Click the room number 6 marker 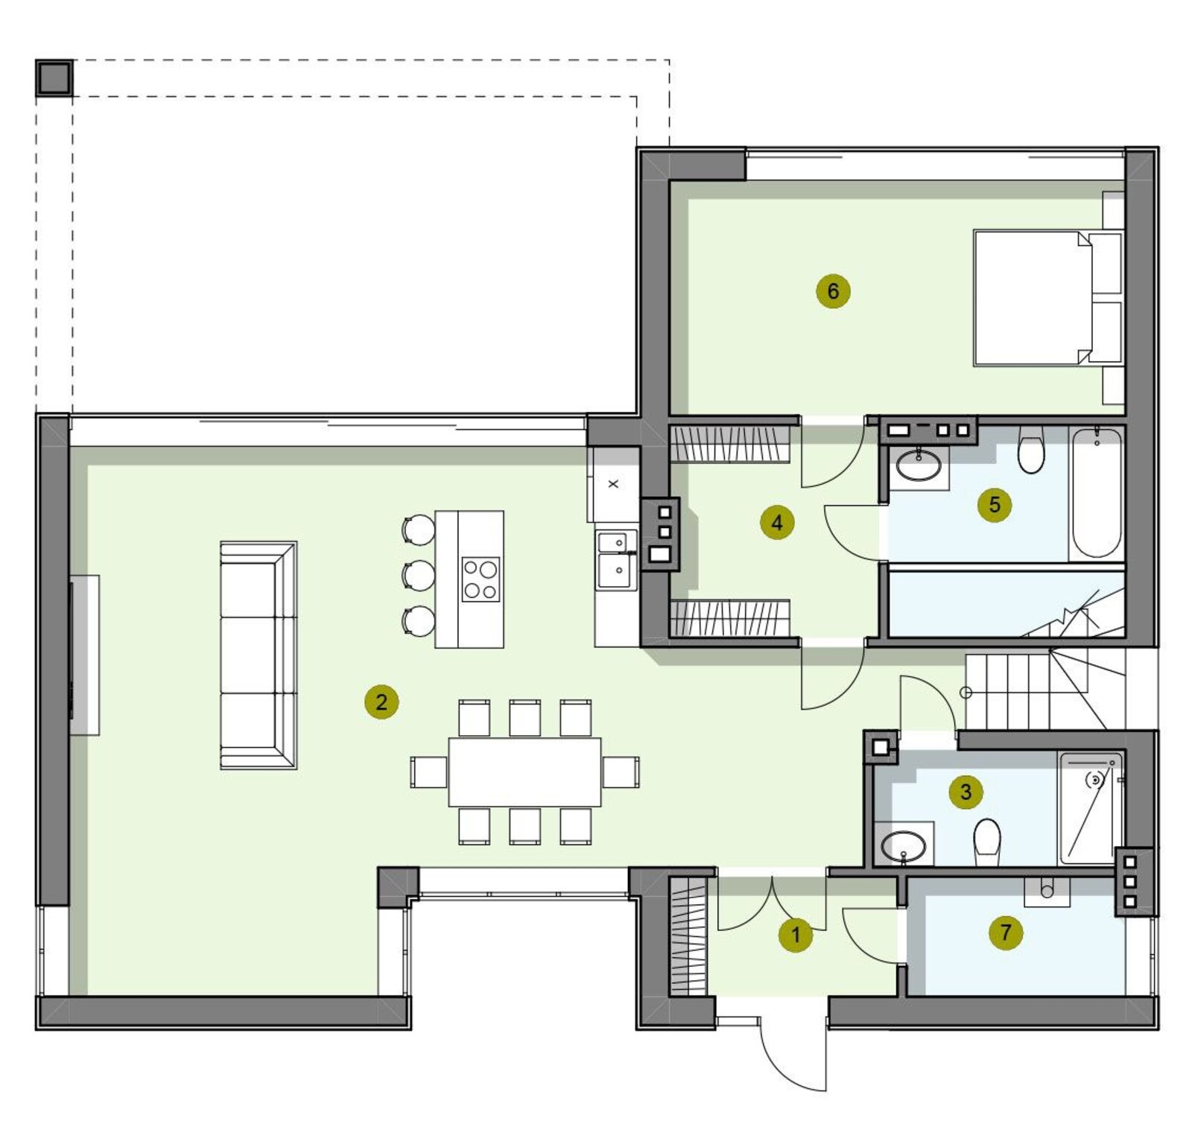click(x=833, y=291)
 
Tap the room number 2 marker click(x=381, y=702)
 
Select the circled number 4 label click(x=777, y=522)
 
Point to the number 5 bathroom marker click(x=995, y=505)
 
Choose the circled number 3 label click(x=966, y=792)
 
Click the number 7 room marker click(x=1006, y=932)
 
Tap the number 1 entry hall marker click(x=796, y=935)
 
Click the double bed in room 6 click(x=1047, y=298)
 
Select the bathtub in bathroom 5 click(x=1097, y=493)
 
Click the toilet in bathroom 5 click(x=1032, y=451)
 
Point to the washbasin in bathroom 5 click(x=919, y=465)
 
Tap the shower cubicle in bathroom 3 click(x=1091, y=808)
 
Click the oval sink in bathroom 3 click(x=903, y=846)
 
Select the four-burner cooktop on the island click(x=481, y=579)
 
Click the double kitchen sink click(x=617, y=560)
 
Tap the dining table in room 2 click(x=524, y=772)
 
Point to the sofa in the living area click(x=259, y=655)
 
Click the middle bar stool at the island click(x=418, y=576)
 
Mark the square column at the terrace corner click(x=54, y=78)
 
